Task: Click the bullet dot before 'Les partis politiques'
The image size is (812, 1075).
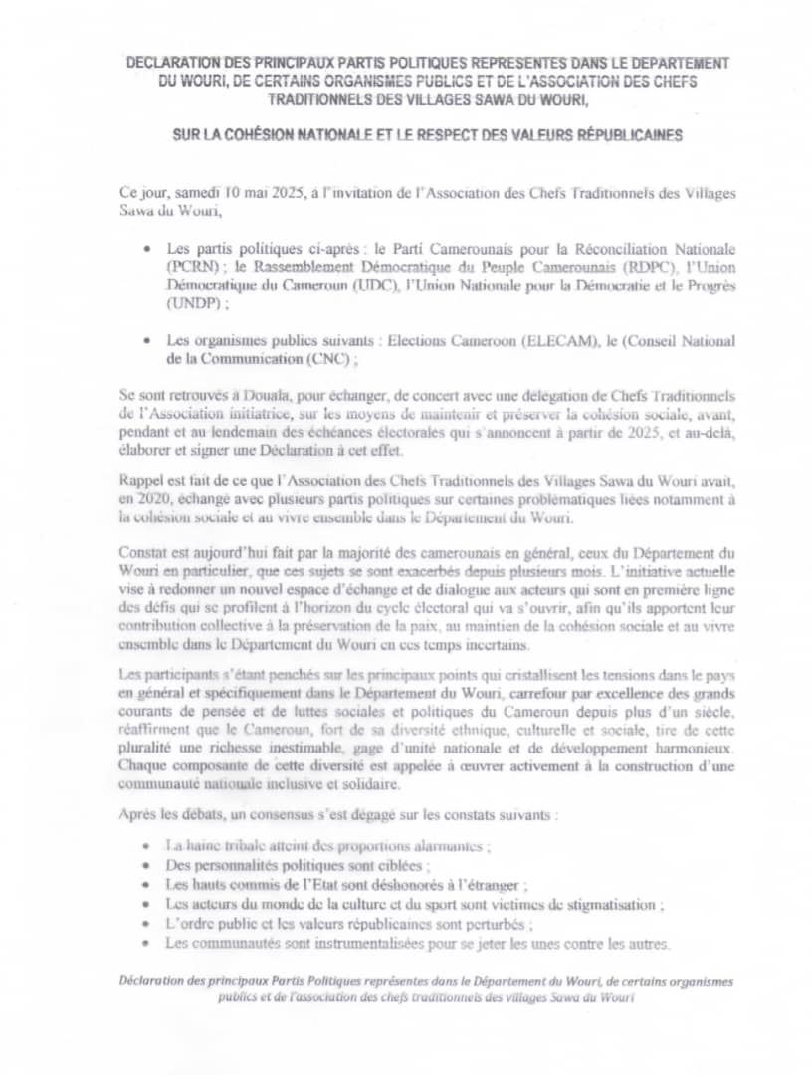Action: click(147, 249)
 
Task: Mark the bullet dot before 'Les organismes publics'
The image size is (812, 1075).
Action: click(147, 341)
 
